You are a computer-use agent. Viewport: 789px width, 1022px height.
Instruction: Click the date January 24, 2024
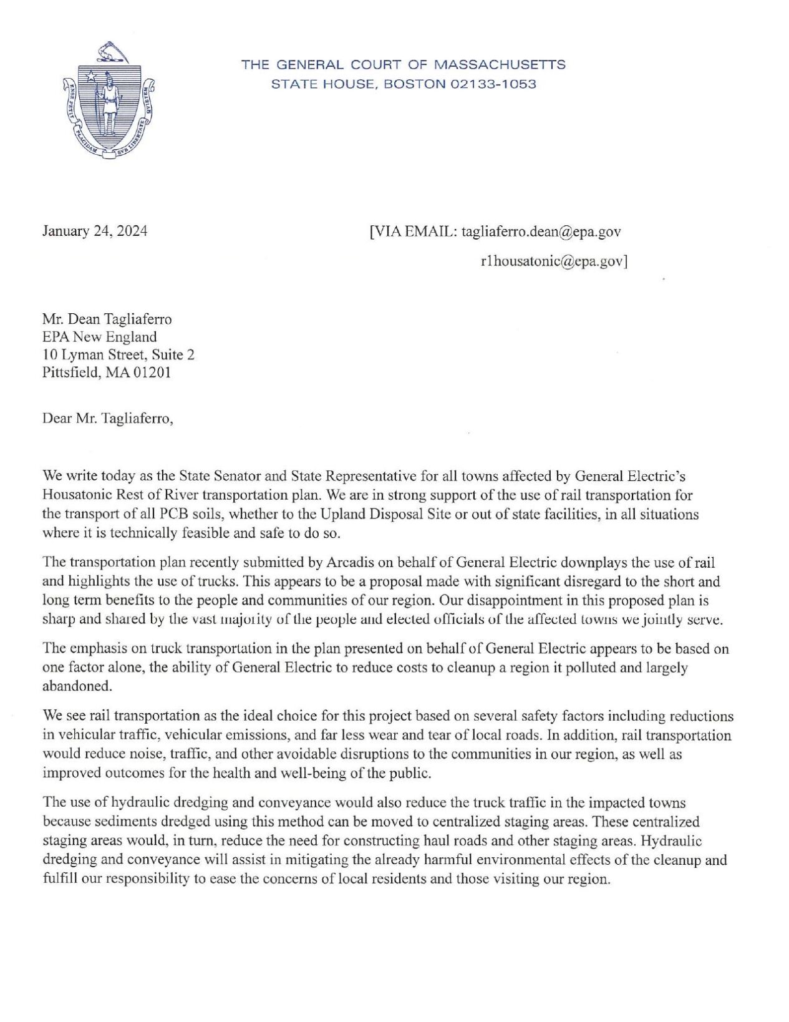95,231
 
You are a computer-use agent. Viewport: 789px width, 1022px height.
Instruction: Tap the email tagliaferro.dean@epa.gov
541,231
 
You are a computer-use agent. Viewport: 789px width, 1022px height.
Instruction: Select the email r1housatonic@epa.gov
551,262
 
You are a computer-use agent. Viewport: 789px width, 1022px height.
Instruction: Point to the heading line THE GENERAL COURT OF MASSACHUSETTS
404,64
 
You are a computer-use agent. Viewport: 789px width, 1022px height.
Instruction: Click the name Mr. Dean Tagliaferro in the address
107,319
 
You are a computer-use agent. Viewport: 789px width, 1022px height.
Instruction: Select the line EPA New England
99,338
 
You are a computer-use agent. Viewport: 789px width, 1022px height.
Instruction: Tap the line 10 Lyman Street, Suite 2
119,355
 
